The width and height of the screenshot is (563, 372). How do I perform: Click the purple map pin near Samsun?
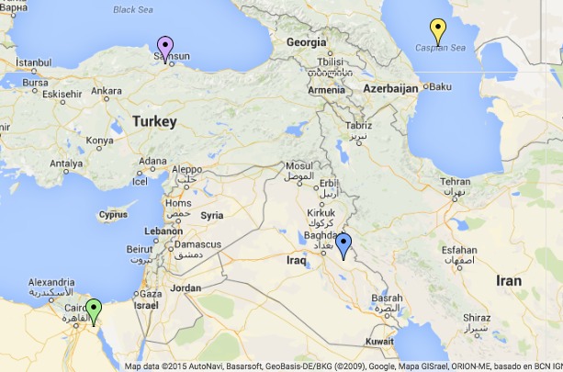[x=165, y=46]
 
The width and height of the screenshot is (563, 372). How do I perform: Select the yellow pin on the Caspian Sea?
[x=439, y=29]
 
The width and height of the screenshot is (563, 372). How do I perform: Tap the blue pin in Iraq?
[x=343, y=244]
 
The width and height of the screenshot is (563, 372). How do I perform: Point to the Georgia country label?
[x=306, y=42]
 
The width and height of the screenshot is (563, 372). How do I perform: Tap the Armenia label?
[x=327, y=90]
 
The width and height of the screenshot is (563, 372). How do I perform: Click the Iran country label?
[x=508, y=280]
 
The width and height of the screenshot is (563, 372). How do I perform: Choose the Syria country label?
[x=212, y=215]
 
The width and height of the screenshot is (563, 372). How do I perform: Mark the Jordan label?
[x=185, y=287]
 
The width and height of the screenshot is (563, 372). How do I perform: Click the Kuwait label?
[x=379, y=341]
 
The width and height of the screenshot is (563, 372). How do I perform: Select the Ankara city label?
[x=107, y=91]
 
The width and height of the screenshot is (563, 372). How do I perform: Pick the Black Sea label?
[x=135, y=10]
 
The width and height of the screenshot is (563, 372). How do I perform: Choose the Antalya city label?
[x=65, y=163]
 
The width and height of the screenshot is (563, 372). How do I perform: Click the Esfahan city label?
[x=459, y=250]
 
